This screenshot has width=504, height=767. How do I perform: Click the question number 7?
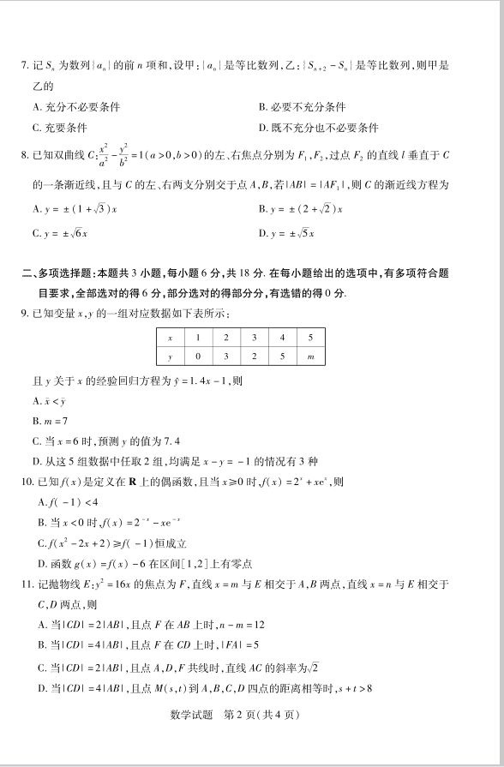[x=24, y=65]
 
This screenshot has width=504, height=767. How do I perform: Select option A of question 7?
[x=75, y=107]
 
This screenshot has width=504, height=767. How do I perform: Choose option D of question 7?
[x=318, y=128]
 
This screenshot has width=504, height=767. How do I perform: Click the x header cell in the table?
[x=170, y=338]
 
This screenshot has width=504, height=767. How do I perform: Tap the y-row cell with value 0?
[x=198, y=356]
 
